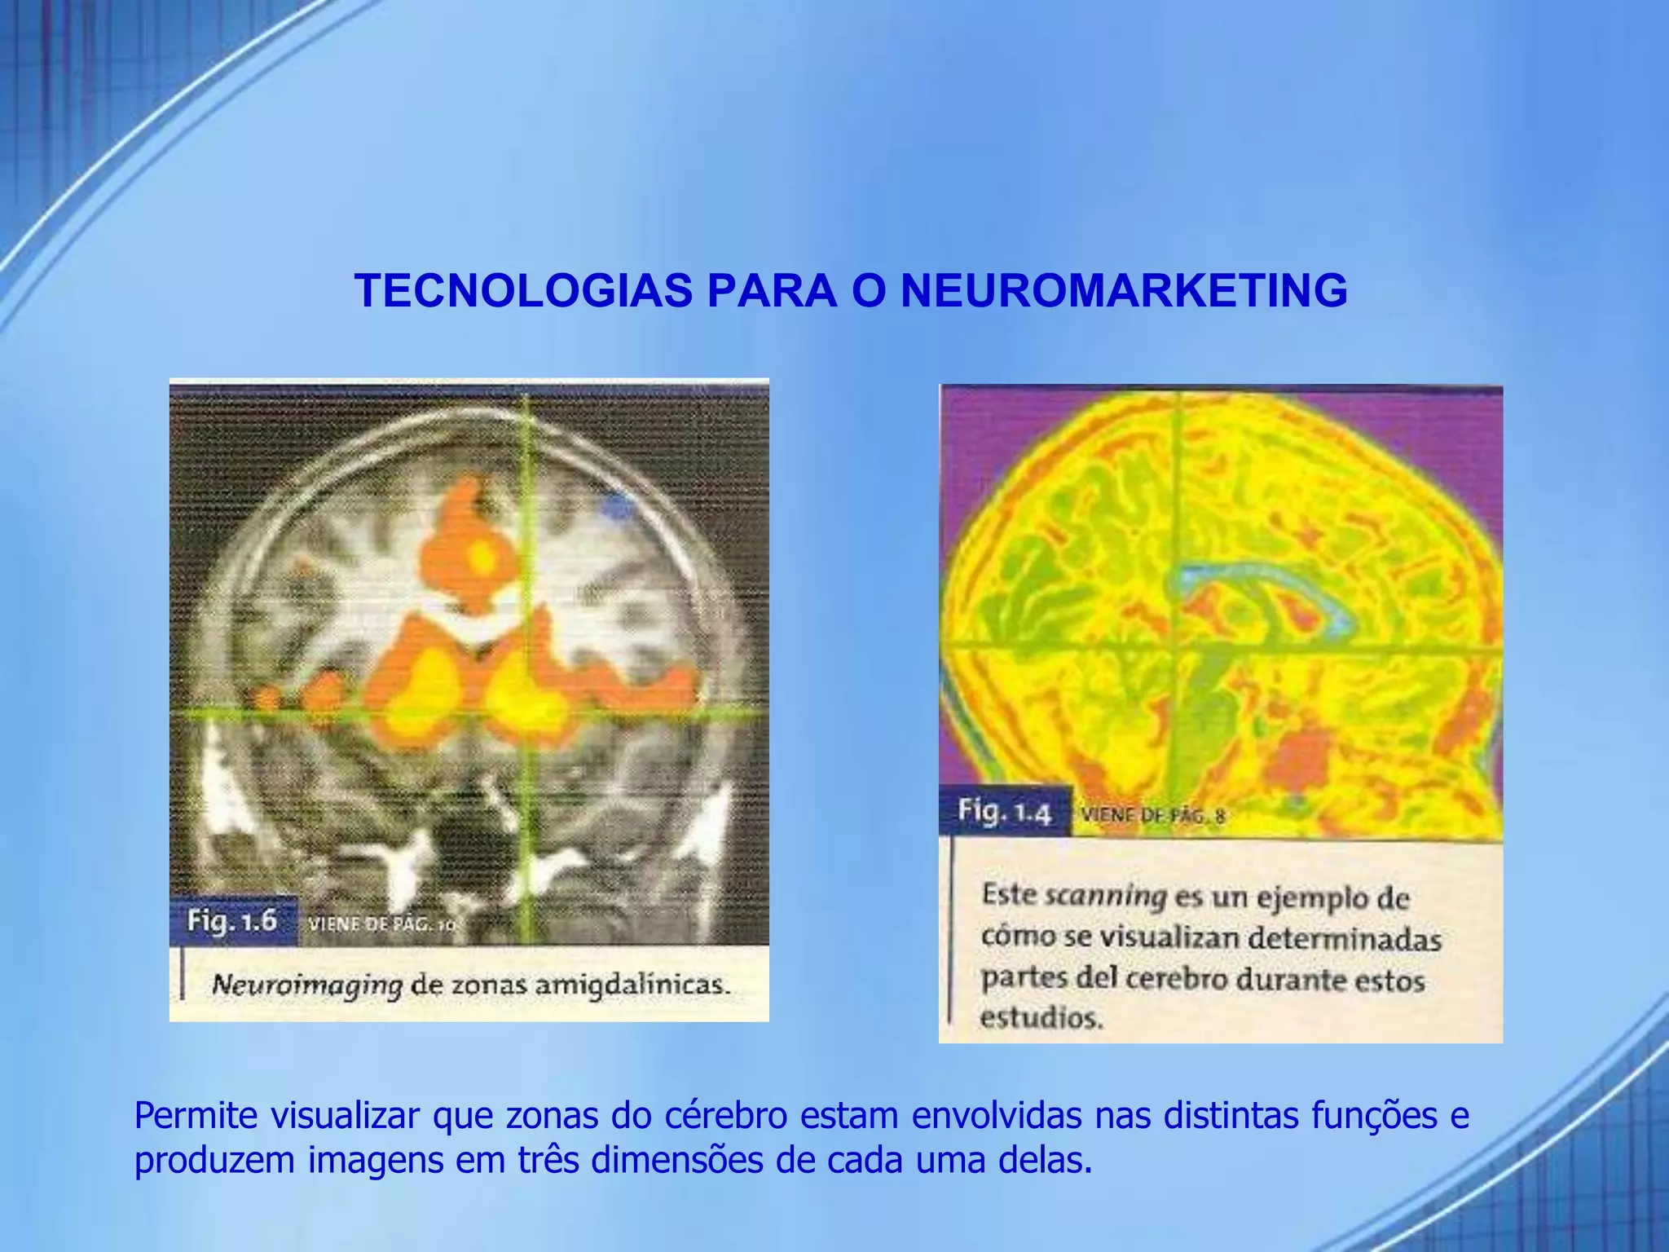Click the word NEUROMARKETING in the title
pos(1124,290)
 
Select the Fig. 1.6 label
pos(232,921)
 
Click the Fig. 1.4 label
pos(1004,812)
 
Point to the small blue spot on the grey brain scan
pos(617,508)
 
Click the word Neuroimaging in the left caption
pos(306,985)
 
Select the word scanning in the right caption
pos(1106,896)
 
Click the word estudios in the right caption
pos(1041,1018)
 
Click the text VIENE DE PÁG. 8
pos(1152,814)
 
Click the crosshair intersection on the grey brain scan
pos(527,714)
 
